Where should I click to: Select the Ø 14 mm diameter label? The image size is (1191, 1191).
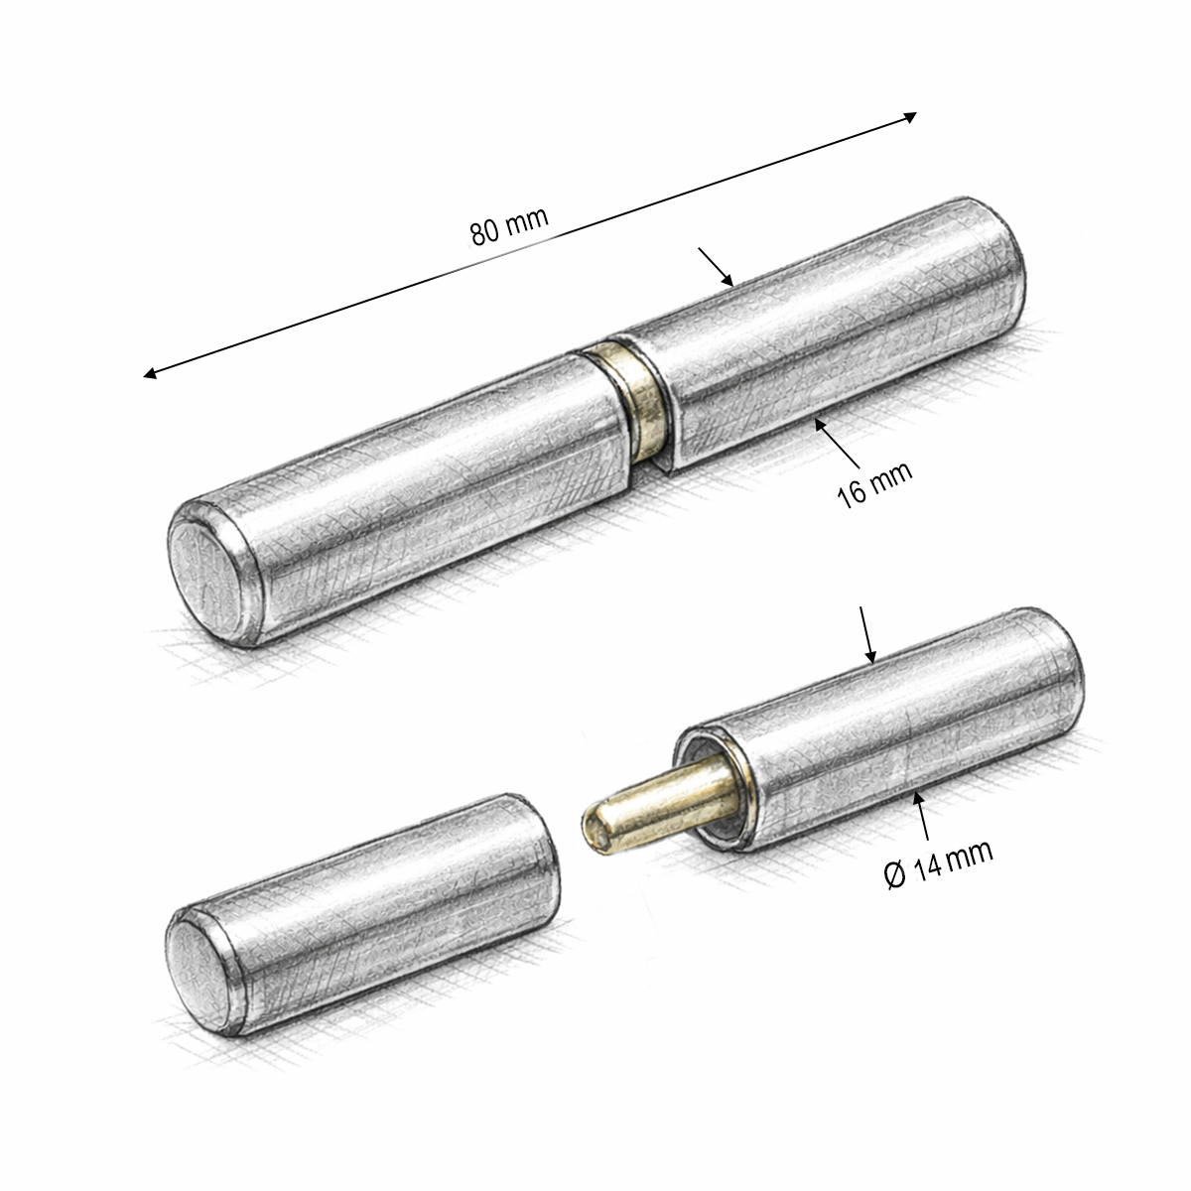click(939, 864)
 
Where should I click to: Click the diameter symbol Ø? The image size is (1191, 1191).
click(895, 875)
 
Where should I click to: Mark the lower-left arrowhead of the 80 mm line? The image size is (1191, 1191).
click(150, 373)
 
